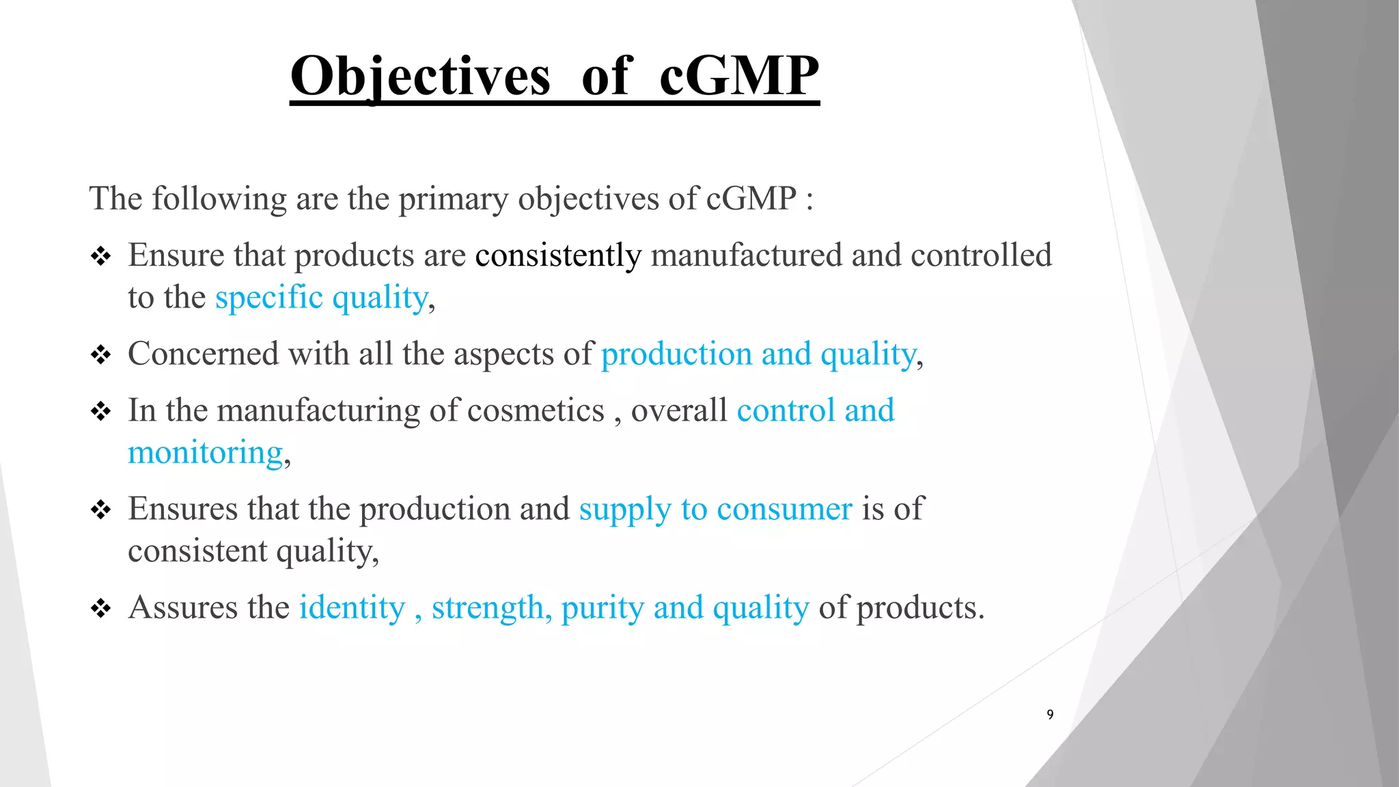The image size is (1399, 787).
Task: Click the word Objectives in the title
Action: (x=420, y=77)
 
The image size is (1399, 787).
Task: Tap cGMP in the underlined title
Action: (x=739, y=77)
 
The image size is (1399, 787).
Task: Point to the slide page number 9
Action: (x=1050, y=715)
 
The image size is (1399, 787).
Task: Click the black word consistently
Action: (x=558, y=256)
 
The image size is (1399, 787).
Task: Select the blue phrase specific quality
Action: (x=322, y=299)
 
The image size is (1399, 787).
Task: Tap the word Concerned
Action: (x=204, y=355)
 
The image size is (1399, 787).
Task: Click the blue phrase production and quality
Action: (x=758, y=355)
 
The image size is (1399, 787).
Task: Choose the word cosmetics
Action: (x=536, y=411)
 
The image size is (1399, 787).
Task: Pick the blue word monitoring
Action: (x=206, y=454)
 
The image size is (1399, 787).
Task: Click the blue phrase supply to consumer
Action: (x=715, y=510)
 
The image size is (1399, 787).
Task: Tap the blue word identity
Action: (x=352, y=608)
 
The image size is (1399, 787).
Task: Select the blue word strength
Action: (x=488, y=608)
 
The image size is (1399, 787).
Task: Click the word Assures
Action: (x=183, y=608)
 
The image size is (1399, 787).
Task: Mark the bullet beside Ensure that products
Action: (x=101, y=257)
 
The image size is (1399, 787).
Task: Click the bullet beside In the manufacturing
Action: (x=101, y=411)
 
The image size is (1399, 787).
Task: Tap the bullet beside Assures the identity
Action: (x=101, y=608)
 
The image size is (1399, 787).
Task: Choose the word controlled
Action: (x=981, y=256)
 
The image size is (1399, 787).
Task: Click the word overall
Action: (x=679, y=411)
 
